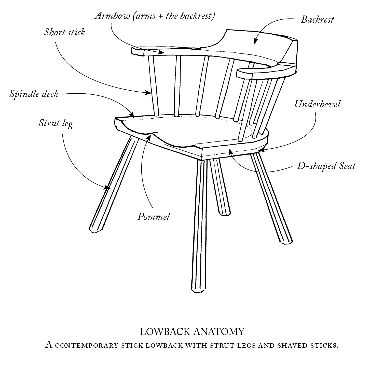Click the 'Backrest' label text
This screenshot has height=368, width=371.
click(317, 19)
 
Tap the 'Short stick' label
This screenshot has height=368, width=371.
click(64, 32)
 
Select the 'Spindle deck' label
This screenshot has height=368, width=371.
click(34, 94)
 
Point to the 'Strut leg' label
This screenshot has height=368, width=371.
click(56, 123)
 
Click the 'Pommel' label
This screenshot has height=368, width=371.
click(153, 217)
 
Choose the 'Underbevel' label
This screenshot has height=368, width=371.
click(317, 104)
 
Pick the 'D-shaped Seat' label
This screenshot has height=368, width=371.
click(326, 166)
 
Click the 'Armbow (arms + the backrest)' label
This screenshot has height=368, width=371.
click(155, 16)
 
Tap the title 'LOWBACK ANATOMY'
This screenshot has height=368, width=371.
click(192, 331)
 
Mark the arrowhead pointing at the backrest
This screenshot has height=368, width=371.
click(256, 41)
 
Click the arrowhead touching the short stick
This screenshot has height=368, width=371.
click(149, 93)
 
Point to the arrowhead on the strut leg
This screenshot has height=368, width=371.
click(107, 188)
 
